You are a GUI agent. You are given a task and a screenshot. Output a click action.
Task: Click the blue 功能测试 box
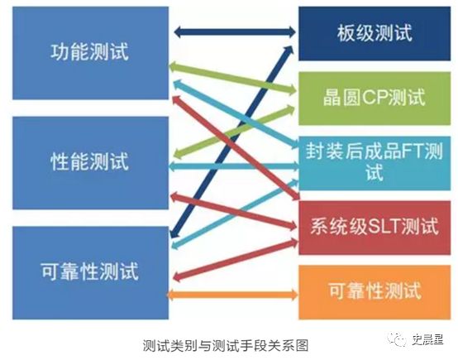90,53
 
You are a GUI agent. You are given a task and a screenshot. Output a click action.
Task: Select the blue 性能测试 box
90,163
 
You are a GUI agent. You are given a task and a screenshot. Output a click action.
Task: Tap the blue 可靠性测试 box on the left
90,272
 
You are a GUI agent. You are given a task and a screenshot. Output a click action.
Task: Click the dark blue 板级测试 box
375,34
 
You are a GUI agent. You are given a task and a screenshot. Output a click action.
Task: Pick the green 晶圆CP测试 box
375,98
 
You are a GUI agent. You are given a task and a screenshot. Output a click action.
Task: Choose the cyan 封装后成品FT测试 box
375,163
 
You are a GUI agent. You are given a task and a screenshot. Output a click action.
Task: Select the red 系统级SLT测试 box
375,228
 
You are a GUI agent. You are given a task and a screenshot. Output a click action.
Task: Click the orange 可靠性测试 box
375,292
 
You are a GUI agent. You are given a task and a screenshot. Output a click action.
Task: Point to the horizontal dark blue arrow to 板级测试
235,31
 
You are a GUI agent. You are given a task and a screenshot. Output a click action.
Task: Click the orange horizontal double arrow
232,294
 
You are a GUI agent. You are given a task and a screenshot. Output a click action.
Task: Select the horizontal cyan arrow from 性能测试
234,166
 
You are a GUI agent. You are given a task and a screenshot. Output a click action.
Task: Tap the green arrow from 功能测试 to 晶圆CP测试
233,78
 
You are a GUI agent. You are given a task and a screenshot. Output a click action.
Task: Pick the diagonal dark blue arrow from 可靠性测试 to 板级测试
231,142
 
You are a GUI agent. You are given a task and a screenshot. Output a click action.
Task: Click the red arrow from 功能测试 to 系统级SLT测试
236,148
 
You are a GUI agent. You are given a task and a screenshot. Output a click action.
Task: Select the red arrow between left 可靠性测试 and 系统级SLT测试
236,260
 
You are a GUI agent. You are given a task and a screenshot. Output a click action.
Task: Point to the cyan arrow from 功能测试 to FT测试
236,114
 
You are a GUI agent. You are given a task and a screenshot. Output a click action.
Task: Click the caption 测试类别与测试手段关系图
226,346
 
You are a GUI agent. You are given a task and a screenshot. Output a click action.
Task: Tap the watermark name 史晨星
428,339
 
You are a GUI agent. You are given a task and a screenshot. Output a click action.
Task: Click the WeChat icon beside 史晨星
398,339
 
